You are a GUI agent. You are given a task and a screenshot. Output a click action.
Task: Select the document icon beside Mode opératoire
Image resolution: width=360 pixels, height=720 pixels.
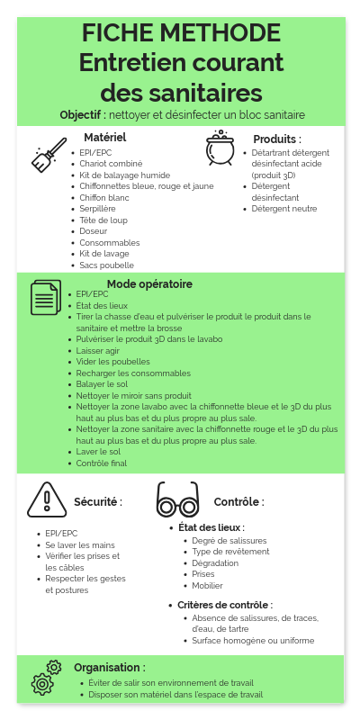(x=45, y=298)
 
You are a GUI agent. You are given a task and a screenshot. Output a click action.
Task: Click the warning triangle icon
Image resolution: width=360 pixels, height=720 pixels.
(x=46, y=499)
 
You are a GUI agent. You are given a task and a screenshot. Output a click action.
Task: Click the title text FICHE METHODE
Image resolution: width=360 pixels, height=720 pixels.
(x=181, y=33)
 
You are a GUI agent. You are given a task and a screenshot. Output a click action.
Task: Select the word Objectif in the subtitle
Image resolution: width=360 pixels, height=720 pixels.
(x=83, y=115)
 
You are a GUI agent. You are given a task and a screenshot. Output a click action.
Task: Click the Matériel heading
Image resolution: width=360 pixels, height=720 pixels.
(x=104, y=138)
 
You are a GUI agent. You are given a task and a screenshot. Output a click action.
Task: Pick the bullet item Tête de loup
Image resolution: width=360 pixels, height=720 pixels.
(x=103, y=220)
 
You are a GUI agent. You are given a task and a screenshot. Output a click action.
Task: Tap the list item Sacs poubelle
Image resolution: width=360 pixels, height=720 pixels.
(x=106, y=265)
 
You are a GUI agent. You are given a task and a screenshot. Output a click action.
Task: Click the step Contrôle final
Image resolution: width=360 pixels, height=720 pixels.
(x=102, y=463)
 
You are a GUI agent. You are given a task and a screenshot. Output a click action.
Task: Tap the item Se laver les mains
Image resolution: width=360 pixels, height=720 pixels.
(x=80, y=544)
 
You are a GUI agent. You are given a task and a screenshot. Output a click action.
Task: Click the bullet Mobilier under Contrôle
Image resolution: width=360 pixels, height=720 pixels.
(x=207, y=585)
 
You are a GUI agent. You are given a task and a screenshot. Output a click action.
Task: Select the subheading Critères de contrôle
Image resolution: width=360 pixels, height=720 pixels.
(x=224, y=605)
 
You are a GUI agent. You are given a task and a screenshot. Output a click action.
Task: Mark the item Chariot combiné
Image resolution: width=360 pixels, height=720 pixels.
(x=111, y=164)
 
